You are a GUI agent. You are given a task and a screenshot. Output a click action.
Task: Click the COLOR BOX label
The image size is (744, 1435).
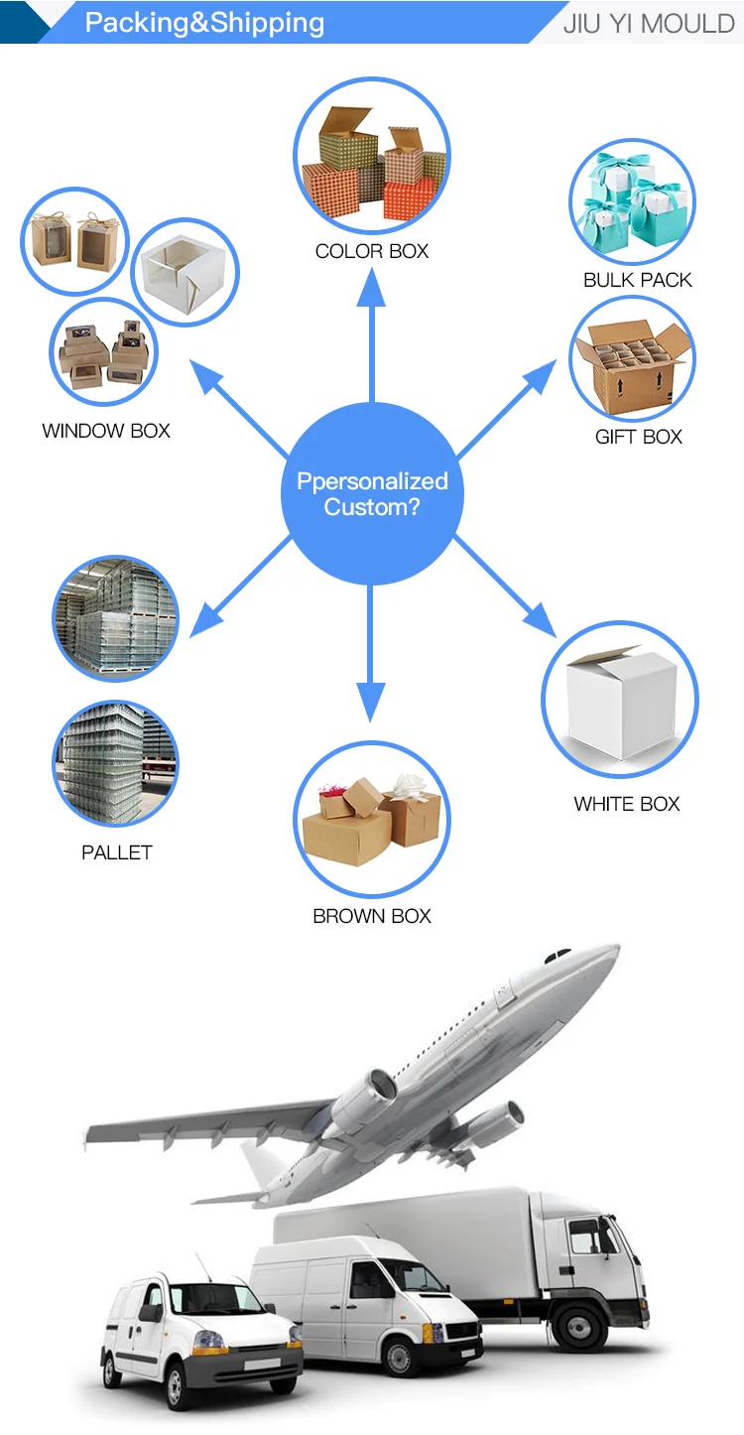tap(372, 252)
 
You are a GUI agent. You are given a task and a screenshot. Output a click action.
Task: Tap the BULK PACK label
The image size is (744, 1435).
tap(637, 280)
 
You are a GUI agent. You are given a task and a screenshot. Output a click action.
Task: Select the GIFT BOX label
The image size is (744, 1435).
tap(638, 437)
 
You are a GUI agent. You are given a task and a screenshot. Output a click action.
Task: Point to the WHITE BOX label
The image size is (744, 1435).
tap(627, 804)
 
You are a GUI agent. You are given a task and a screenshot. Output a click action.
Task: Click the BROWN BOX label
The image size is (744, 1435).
tap(372, 916)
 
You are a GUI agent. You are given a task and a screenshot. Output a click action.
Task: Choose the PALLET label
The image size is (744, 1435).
tap(117, 852)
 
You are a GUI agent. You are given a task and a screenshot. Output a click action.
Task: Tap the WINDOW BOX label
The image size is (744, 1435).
tap(106, 431)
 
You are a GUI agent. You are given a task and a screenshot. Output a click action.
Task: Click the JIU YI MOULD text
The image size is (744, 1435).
tap(649, 23)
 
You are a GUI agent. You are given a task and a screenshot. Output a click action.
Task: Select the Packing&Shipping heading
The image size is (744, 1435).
tap(204, 23)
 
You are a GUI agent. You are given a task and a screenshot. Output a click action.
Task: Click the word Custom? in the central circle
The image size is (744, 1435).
tap(372, 507)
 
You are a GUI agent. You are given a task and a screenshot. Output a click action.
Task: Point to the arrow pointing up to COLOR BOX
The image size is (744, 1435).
tap(372, 327)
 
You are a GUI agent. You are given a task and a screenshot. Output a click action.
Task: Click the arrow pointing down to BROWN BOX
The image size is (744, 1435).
tap(371, 655)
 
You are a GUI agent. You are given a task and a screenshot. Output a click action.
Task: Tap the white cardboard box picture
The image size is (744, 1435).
tap(620, 700)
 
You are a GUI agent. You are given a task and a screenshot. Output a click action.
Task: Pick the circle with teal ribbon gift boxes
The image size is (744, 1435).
tap(631, 201)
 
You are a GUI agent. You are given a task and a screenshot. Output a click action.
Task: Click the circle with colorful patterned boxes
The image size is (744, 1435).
tap(371, 156)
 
